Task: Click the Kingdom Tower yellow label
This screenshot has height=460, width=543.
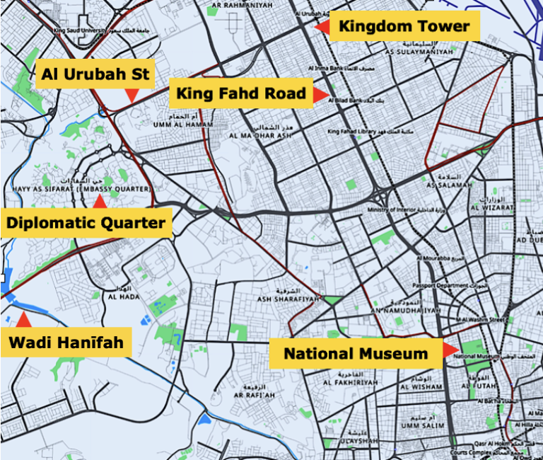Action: pos(404,27)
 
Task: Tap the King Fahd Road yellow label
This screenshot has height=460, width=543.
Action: pos(241,93)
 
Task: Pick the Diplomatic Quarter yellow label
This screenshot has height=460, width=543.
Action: pos(86,224)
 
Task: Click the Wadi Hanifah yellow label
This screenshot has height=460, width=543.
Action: pos(66,344)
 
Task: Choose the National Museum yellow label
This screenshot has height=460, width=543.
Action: pos(356,353)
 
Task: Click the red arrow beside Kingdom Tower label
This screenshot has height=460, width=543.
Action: pos(322,27)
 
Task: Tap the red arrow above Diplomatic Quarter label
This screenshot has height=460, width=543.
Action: pos(100,201)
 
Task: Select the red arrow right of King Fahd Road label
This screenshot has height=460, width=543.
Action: pos(321,94)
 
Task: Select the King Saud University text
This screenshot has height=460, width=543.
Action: pos(78,30)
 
